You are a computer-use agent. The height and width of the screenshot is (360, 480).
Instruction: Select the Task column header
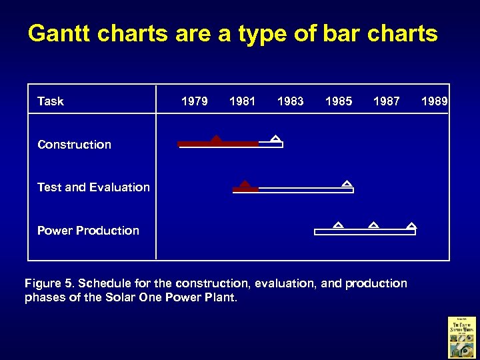pyautogui.click(x=51, y=101)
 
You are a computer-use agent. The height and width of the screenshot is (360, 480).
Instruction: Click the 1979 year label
pyautogui.click(x=194, y=101)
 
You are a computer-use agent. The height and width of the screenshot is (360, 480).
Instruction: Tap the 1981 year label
pyautogui.click(x=242, y=101)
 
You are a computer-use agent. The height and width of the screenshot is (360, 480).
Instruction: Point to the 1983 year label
pyautogui.click(x=290, y=101)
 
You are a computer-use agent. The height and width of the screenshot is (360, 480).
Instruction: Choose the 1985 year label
pyautogui.click(x=338, y=101)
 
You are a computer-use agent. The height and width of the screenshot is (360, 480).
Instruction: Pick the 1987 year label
pyautogui.click(x=387, y=101)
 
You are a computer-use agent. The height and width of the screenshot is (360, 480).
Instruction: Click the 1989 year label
pyautogui.click(x=435, y=101)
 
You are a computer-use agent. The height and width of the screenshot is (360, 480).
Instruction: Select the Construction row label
pyautogui.click(x=74, y=145)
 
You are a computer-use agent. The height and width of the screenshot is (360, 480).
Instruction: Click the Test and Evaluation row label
pyautogui.click(x=93, y=187)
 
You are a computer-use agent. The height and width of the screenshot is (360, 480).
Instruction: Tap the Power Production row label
pyautogui.click(x=88, y=231)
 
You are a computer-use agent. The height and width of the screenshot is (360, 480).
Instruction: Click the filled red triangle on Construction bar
pyautogui.click(x=215, y=139)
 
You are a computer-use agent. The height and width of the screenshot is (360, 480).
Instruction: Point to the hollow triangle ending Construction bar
pyautogui.click(x=275, y=139)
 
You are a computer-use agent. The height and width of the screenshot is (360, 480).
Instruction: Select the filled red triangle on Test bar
pyautogui.click(x=245, y=184)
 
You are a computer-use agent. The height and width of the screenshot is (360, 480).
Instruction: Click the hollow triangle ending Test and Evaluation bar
pyautogui.click(x=346, y=183)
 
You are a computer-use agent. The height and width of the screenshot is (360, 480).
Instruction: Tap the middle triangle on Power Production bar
pyautogui.click(x=373, y=225)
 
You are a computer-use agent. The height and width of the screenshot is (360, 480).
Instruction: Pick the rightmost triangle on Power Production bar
pyautogui.click(x=411, y=225)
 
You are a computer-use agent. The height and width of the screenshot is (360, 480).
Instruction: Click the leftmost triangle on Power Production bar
pyautogui.click(x=338, y=225)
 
